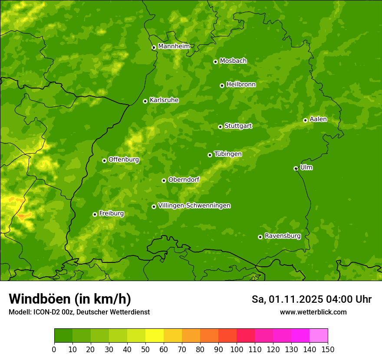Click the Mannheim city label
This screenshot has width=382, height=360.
click(x=174, y=46)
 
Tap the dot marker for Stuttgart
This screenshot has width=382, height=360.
click(x=220, y=127)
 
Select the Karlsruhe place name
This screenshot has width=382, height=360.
click(x=164, y=100)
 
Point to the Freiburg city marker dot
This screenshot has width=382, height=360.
click(x=95, y=214)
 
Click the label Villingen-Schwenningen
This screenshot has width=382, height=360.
click(x=194, y=206)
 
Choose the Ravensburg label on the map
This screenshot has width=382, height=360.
click(x=283, y=236)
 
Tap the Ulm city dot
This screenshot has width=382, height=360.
click(x=296, y=168)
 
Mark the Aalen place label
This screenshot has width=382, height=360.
click(x=318, y=119)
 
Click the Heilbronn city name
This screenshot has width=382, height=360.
click(x=241, y=85)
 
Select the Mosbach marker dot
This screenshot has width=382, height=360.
click(x=215, y=62)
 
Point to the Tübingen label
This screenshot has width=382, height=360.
click(x=228, y=154)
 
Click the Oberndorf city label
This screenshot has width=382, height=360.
click(x=184, y=180)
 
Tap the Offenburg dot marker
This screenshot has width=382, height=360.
click(x=104, y=160)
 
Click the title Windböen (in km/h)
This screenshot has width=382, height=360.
click(x=70, y=299)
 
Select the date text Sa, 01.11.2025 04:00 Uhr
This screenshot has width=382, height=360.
click(x=312, y=299)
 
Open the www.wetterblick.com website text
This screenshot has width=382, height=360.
click(x=313, y=312)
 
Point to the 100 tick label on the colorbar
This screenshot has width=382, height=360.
click(x=237, y=349)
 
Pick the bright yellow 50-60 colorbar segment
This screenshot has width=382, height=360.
click(x=155, y=336)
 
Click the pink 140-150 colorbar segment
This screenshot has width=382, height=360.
click(x=319, y=336)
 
